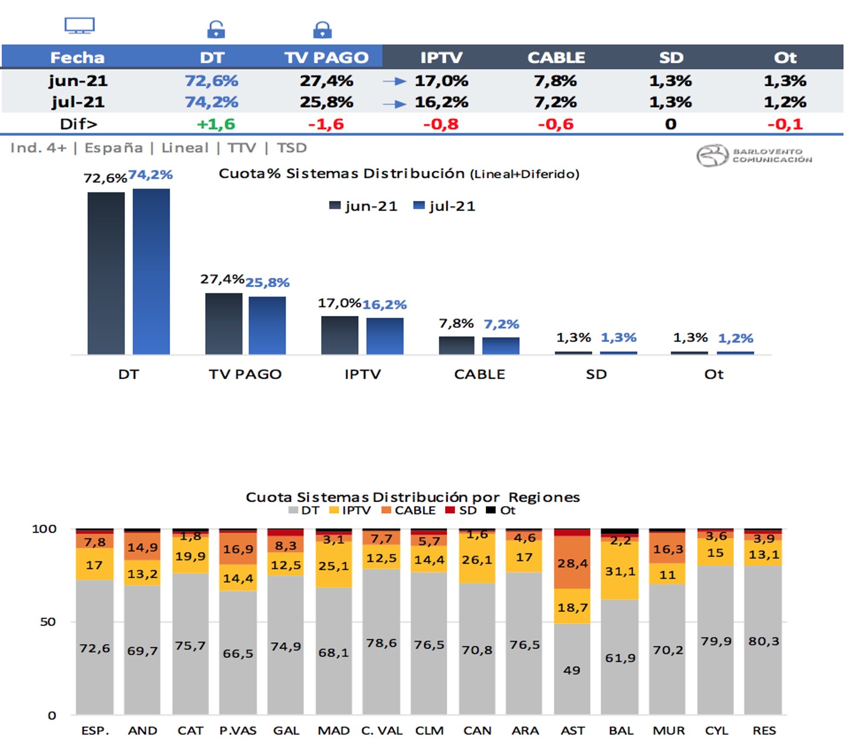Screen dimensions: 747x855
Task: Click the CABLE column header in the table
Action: click(556, 57)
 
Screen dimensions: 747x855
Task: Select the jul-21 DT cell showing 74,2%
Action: click(211, 102)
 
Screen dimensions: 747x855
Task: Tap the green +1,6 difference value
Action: click(215, 124)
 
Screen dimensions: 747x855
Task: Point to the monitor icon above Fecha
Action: click(80, 25)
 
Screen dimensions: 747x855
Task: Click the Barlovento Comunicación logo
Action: click(754, 156)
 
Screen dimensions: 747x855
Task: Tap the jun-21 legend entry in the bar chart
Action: click(363, 206)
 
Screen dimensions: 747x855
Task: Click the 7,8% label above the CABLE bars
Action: click(456, 324)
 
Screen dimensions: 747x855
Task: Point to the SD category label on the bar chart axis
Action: click(596, 374)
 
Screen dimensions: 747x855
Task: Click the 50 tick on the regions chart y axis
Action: click(48, 622)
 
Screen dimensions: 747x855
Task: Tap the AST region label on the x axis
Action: click(572, 731)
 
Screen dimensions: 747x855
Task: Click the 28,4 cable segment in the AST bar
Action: click(572, 563)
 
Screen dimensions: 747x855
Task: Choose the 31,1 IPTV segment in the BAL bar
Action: click(620, 571)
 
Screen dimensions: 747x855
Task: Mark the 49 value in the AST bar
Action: click(572, 670)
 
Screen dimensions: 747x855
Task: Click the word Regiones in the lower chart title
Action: click(544, 497)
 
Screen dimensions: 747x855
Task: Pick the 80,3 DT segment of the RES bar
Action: click(764, 641)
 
